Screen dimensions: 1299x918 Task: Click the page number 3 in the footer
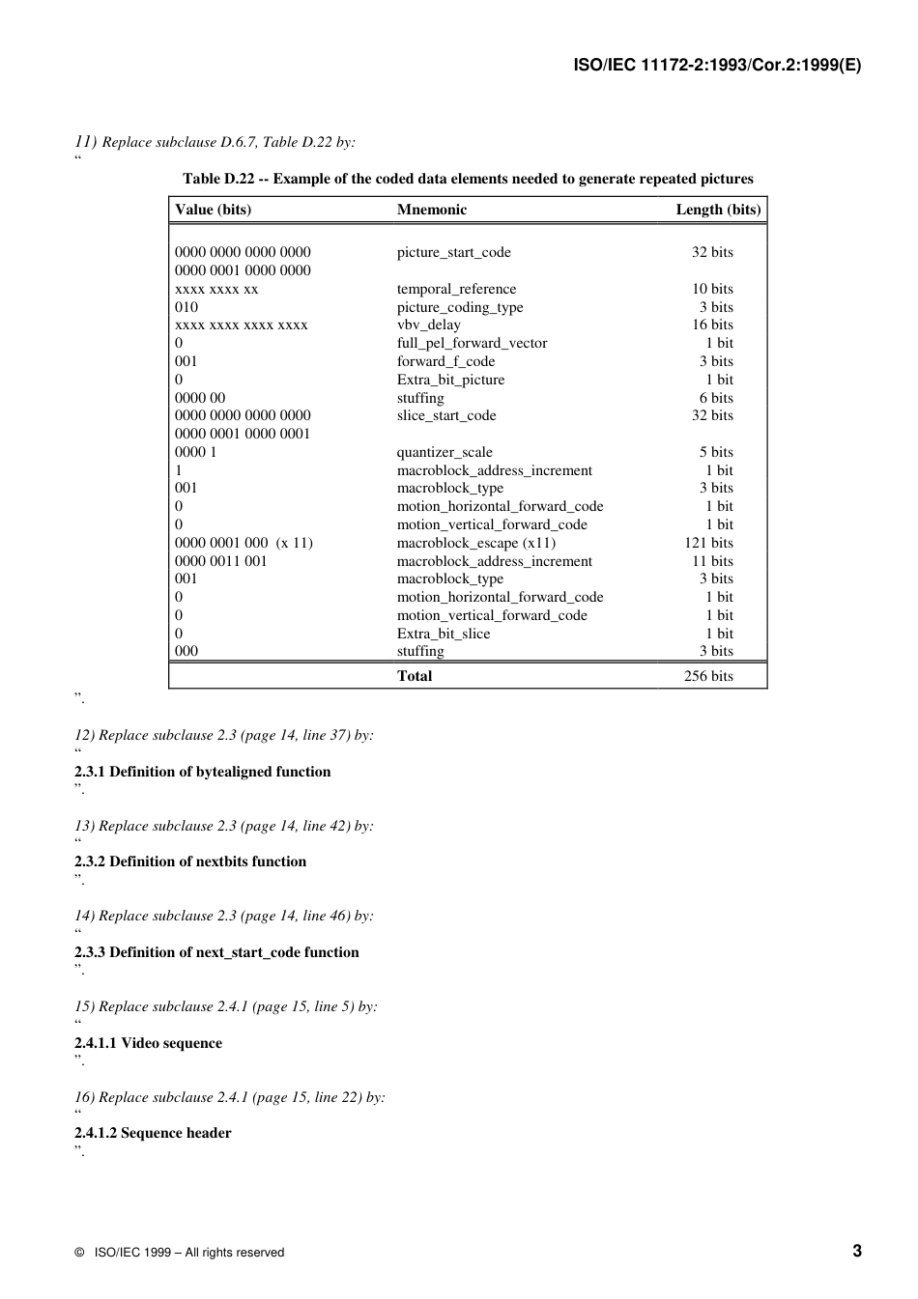(857, 1251)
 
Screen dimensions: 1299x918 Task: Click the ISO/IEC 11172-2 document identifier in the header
(717, 66)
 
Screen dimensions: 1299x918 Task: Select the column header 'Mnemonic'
(431, 210)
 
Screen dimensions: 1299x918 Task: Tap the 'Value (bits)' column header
(213, 210)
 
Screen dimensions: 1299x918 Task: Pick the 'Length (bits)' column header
(718, 210)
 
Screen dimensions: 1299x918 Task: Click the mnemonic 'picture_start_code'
(453, 252)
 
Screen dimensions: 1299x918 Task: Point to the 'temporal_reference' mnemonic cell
(456, 289)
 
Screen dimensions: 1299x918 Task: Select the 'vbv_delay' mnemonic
(428, 325)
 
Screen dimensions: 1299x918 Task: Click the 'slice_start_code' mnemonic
(445, 415)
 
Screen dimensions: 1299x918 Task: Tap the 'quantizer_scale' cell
(445, 452)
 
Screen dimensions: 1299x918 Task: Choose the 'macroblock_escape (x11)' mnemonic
(475, 543)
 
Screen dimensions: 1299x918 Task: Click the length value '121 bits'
(708, 543)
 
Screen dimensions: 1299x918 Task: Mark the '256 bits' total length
(708, 676)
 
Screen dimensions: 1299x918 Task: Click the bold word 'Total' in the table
(415, 676)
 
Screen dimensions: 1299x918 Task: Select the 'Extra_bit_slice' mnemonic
(443, 634)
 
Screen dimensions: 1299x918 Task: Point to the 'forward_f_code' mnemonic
(445, 361)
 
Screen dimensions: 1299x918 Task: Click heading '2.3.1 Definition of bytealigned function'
(202, 772)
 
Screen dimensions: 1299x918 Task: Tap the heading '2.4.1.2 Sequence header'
(153, 1133)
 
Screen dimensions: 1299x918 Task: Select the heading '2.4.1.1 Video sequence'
(148, 1043)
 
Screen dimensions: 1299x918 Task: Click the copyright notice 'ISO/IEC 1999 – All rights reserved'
(188, 1253)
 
